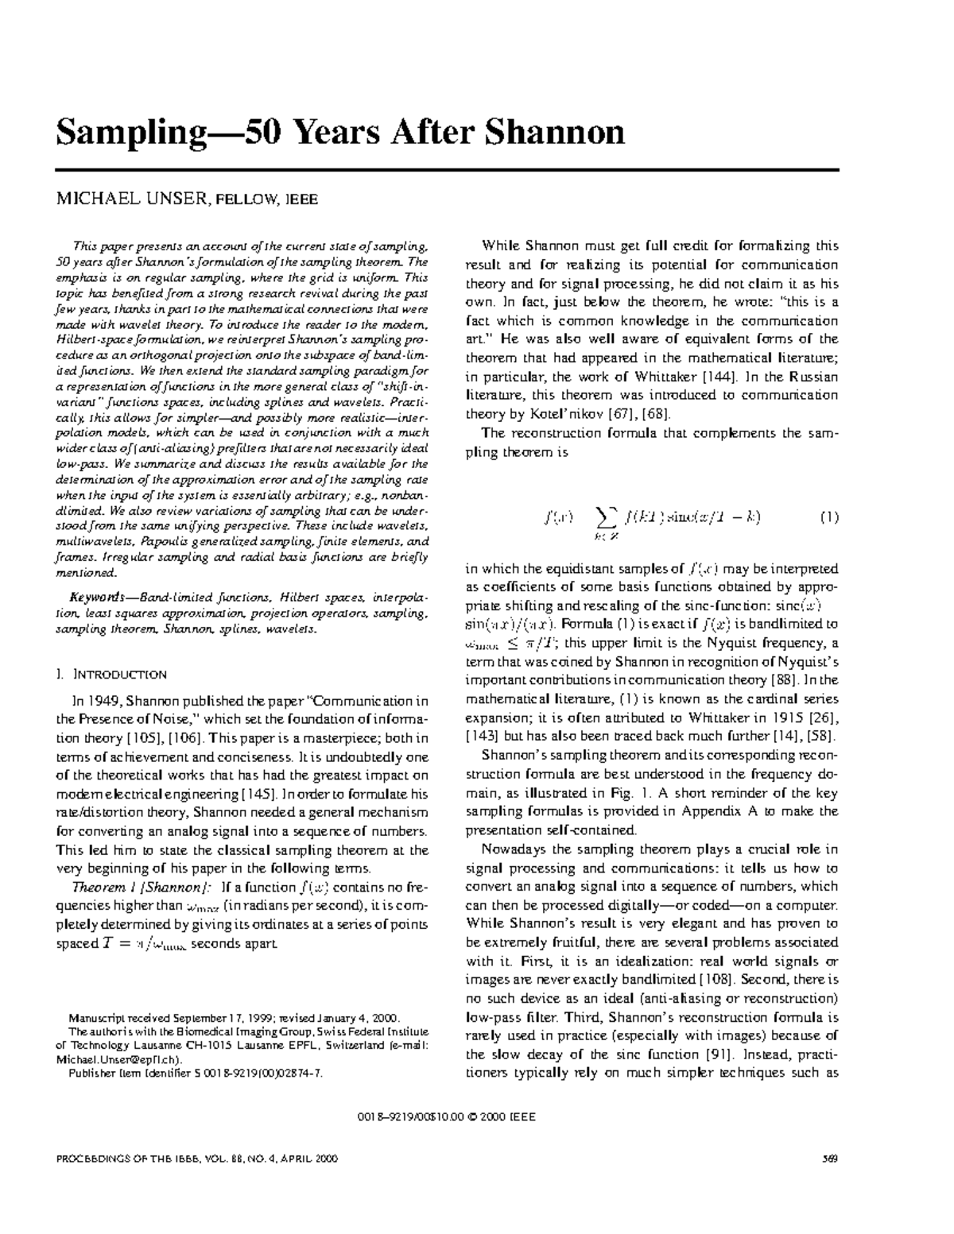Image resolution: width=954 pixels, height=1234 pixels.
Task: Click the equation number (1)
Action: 828,517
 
